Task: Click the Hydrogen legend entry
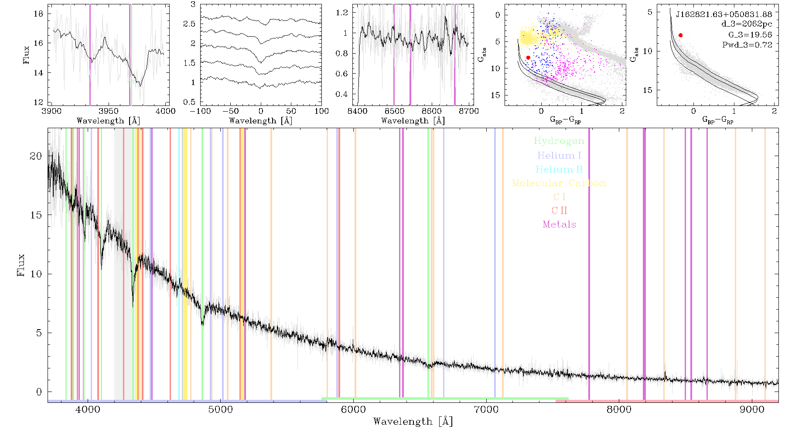(x=559, y=141)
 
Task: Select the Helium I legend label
(x=559, y=155)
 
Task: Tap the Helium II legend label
(x=559, y=169)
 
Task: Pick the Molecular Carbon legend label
(x=559, y=183)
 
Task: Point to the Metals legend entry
(x=559, y=225)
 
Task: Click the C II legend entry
(x=559, y=211)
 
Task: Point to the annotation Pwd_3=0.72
(x=747, y=44)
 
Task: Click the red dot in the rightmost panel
(x=680, y=35)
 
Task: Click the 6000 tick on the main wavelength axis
(x=354, y=410)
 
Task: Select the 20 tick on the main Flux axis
(x=36, y=156)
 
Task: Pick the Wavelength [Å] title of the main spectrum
(x=413, y=422)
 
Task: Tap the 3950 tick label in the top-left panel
(x=109, y=111)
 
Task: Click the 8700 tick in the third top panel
(x=469, y=111)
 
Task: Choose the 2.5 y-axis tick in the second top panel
(x=189, y=24)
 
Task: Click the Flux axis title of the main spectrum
(x=20, y=265)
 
